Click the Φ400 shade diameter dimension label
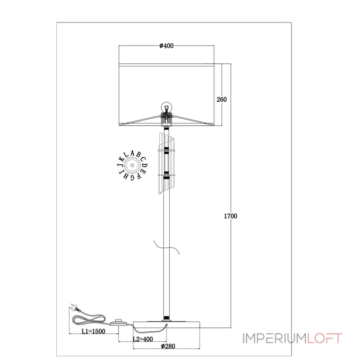(166, 46)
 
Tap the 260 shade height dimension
(221, 99)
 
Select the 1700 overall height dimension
(230, 216)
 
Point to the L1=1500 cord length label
(94, 331)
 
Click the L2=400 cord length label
(143, 339)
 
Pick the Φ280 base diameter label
(168, 346)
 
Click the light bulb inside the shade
(166, 108)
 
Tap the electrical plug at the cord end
(75, 307)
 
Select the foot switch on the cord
(118, 322)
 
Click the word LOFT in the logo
(324, 338)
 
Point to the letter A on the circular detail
(132, 153)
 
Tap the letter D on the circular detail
(144, 165)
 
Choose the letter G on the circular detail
(132, 178)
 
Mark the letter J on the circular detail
(120, 165)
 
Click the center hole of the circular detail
(132, 165)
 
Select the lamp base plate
(166, 324)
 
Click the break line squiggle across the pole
(166, 248)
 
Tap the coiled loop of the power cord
(89, 319)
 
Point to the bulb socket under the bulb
(166, 119)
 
